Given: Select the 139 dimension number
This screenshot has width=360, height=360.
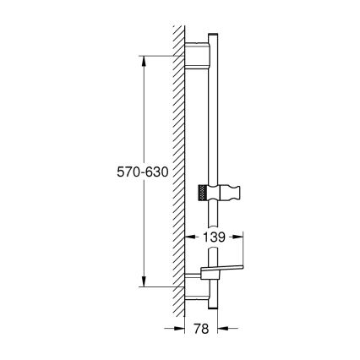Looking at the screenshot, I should (215, 239).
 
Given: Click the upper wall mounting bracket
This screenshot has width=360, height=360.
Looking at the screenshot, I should (200, 57).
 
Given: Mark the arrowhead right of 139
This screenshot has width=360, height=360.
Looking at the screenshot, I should (243, 239).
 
